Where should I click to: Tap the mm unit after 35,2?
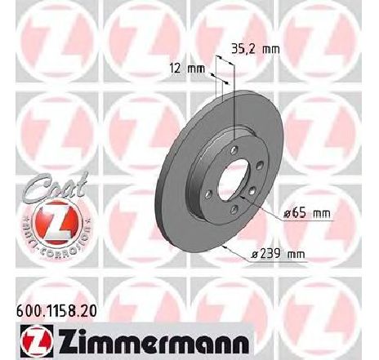(x=270, y=48)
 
